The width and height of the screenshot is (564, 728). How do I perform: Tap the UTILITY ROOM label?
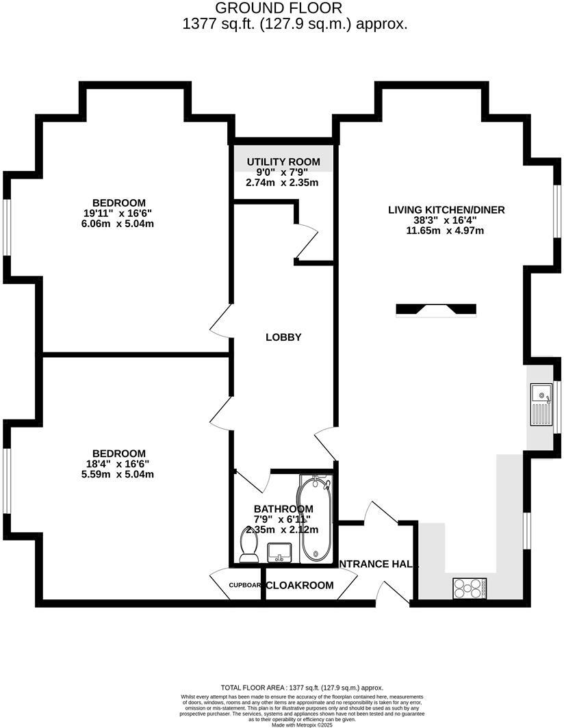pos(282,161)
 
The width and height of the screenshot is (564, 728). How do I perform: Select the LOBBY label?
pos(283,337)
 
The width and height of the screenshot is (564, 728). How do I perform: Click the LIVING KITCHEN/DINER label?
pos(446,209)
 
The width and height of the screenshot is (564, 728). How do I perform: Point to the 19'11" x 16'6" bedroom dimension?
pos(119,213)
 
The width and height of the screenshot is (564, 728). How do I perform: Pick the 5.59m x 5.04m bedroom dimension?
pos(119,474)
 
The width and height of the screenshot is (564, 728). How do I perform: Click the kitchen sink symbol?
pos(541,404)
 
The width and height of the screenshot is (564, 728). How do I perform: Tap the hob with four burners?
pos(469,588)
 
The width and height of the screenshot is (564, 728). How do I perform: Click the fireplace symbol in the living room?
pos(436,310)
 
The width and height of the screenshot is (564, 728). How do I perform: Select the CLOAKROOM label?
pos(300,586)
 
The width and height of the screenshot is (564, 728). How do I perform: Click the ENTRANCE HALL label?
pos(379,564)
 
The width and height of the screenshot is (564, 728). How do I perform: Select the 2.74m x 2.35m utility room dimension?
pos(282,183)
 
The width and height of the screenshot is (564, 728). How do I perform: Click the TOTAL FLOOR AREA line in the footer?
pos(301,688)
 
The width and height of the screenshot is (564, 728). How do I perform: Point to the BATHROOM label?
pos(283,509)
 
